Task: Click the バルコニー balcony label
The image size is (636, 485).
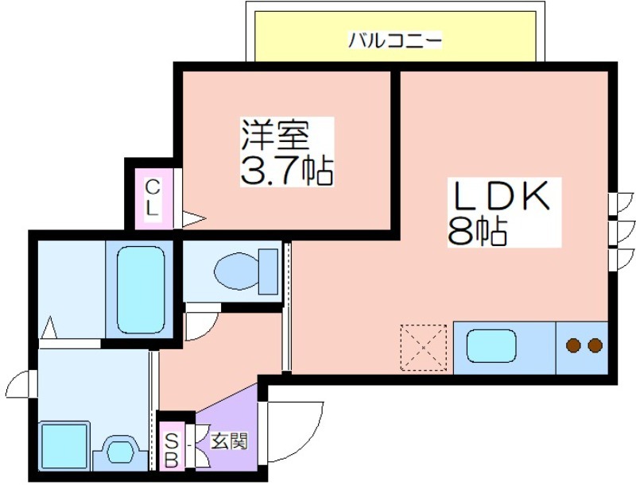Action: [394, 40]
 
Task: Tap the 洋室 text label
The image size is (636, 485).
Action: [275, 135]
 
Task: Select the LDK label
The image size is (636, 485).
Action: [502, 195]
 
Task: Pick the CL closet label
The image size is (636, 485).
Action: [152, 198]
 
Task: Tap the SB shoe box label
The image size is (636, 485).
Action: [172, 450]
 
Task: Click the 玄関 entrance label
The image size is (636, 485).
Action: [229, 441]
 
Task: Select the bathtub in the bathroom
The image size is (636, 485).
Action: [141, 289]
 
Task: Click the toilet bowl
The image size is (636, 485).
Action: [236, 271]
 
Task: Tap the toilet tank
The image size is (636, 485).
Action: [268, 271]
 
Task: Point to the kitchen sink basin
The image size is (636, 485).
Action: [491, 347]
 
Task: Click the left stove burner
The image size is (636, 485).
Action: [573, 345]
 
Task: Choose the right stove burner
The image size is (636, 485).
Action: [595, 345]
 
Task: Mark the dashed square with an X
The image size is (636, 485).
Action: [424, 348]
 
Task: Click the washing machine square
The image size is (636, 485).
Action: [64, 446]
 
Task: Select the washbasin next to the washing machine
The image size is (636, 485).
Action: [119, 452]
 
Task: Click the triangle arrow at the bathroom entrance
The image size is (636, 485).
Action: [49, 327]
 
